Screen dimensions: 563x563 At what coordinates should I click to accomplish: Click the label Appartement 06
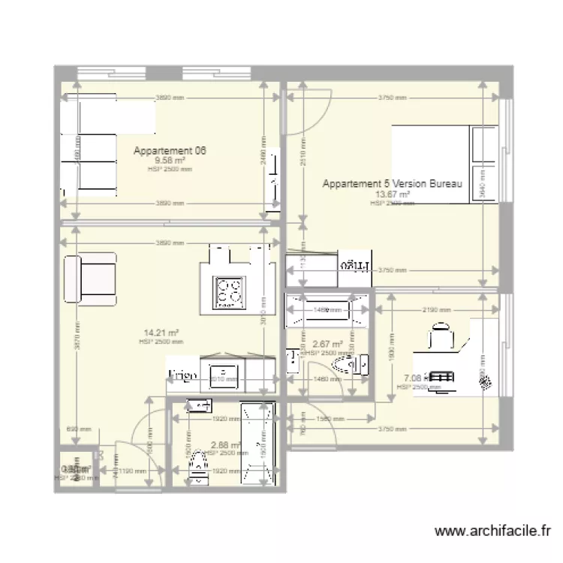170,151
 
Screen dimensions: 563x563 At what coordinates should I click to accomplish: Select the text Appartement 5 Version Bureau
391,184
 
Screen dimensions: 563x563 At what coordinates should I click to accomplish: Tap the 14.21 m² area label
161,333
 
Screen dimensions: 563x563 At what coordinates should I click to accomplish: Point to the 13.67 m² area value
390,194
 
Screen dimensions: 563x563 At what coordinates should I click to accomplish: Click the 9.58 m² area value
170,160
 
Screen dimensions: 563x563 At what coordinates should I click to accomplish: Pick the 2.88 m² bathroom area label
225,444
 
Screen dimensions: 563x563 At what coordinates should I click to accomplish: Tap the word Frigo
182,374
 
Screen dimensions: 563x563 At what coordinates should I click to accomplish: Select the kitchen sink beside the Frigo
223,374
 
